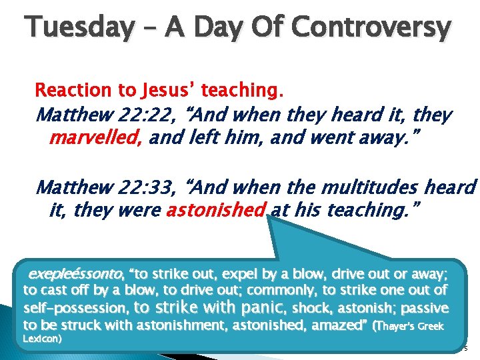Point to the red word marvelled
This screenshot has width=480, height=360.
click(x=97, y=138)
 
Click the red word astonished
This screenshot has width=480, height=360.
click(x=216, y=210)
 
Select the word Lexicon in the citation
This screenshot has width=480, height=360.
click(x=42, y=339)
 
